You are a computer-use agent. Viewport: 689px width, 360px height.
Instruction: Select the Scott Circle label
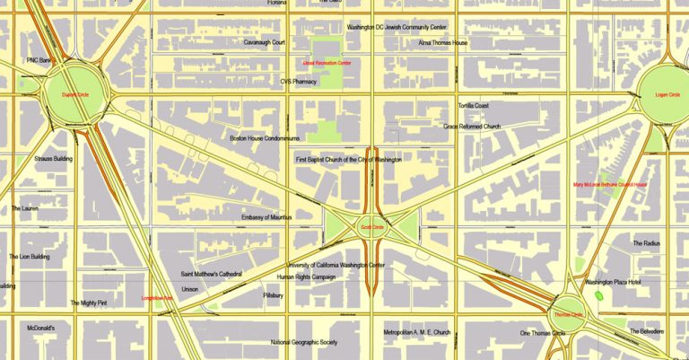pos(371,227)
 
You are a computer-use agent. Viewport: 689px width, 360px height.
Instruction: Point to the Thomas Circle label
pos(568,315)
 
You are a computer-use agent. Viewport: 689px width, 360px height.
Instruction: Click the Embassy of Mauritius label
pos(269,217)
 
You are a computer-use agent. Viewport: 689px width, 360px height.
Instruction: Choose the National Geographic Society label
pos(304,342)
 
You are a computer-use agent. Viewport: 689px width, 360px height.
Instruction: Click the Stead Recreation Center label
pos(327,64)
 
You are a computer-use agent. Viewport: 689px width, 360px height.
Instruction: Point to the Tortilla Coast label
pos(474,106)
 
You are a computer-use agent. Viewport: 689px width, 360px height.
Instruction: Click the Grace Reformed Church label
pos(472,127)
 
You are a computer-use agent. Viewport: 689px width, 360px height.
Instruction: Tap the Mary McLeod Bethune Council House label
pos(610,185)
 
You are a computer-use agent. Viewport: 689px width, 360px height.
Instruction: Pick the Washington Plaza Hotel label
pos(618,282)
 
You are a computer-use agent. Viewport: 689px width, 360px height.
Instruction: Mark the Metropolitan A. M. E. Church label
pos(416,332)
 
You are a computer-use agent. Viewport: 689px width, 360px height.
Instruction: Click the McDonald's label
pos(41,328)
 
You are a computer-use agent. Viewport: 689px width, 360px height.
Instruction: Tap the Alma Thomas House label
pos(443,42)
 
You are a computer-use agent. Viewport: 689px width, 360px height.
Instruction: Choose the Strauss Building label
pos(53,159)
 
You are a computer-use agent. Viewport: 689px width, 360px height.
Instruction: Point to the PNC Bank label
pos(39,60)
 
